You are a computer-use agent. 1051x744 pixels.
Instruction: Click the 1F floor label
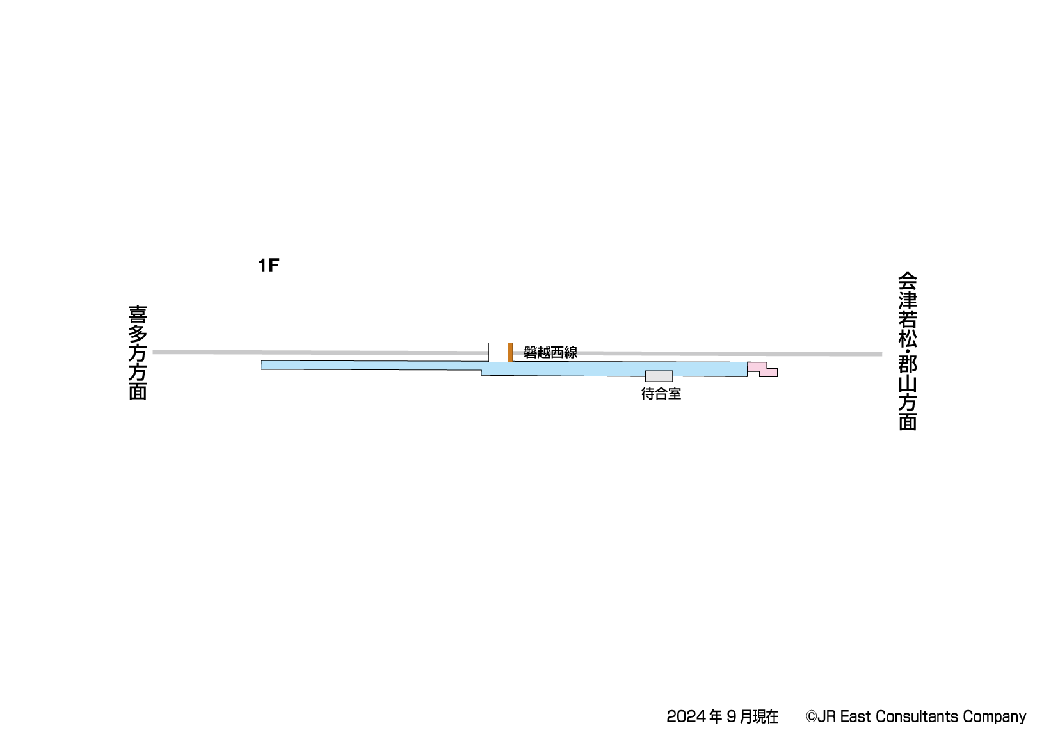click(268, 266)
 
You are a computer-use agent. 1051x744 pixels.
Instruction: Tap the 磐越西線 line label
click(550, 352)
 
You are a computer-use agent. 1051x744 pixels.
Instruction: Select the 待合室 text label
click(661, 393)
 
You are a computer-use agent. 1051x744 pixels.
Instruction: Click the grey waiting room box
click(659, 376)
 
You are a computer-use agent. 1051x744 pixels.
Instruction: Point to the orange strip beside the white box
click(510, 353)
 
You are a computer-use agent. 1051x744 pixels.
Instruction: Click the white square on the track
click(498, 353)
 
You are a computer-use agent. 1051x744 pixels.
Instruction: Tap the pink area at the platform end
click(762, 369)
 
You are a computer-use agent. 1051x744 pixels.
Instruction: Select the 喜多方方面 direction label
click(138, 353)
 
